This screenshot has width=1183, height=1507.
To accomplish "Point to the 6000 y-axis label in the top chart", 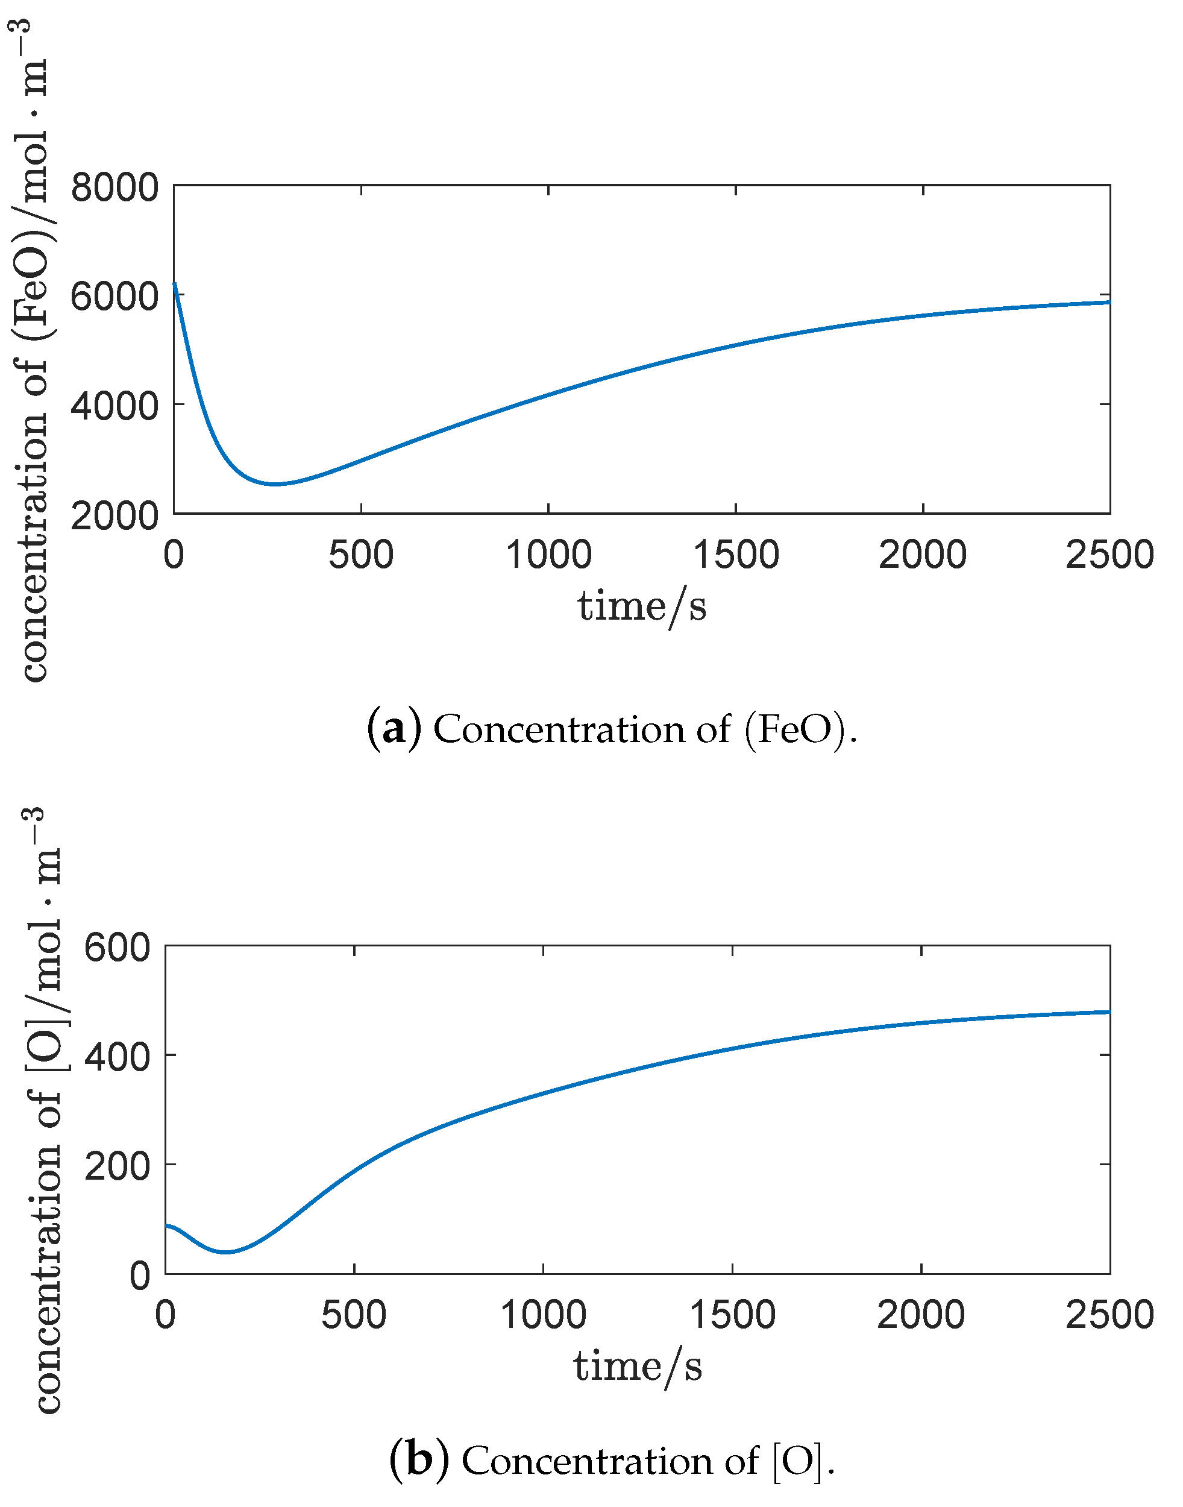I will point(115,297).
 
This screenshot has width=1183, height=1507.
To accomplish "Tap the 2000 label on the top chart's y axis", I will point(115,516).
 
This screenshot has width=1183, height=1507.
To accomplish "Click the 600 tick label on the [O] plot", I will point(117,947).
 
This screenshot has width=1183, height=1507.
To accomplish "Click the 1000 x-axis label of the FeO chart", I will point(548,556).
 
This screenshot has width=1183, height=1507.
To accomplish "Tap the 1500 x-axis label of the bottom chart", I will point(733,1316).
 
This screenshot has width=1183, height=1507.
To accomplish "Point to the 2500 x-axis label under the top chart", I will point(1109,556).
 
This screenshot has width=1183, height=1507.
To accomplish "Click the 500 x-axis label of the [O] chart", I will point(354,1316).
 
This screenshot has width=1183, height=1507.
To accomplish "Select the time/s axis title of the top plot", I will point(642,607).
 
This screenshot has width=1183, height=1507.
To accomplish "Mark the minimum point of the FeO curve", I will point(275,484).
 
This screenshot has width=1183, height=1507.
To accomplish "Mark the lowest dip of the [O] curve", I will point(226,1252).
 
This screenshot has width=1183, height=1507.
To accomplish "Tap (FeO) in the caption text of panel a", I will point(794,729).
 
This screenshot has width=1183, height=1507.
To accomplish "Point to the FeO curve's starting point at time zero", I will point(175,283).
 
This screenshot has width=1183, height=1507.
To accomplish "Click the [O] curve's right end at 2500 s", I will point(1109,1012).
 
